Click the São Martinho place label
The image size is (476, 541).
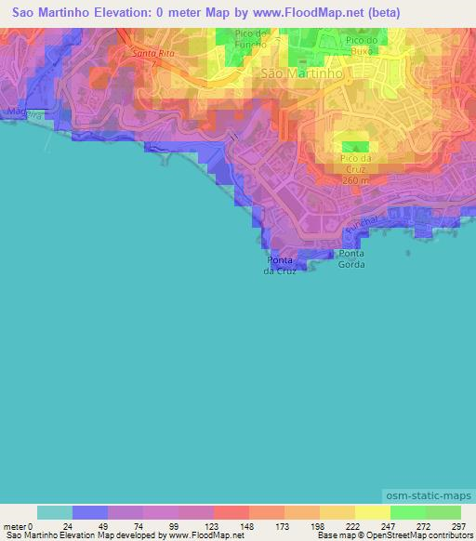point(303,73)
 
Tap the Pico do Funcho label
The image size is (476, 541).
point(251,39)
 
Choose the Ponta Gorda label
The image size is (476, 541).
point(351,259)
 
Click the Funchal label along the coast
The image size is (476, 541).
point(360,227)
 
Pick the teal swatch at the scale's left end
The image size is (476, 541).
point(55,512)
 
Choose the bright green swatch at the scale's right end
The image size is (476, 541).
point(443,512)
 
